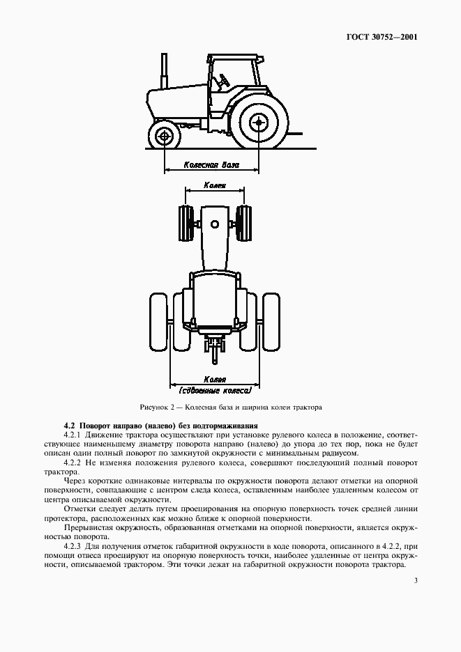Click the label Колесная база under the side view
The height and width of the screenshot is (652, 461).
coord(211,166)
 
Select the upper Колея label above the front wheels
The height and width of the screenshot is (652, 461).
coord(214,186)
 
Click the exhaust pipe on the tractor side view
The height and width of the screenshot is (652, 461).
coord(165,70)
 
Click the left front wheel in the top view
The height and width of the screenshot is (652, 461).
coord(186,224)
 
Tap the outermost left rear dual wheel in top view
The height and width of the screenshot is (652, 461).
coord(158,322)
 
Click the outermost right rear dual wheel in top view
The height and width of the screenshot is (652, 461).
coord(271,322)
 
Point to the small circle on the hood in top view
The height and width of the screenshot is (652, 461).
coord(215,224)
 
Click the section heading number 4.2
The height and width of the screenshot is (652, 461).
coord(69,426)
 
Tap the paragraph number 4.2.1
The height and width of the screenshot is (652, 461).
coord(74,435)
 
